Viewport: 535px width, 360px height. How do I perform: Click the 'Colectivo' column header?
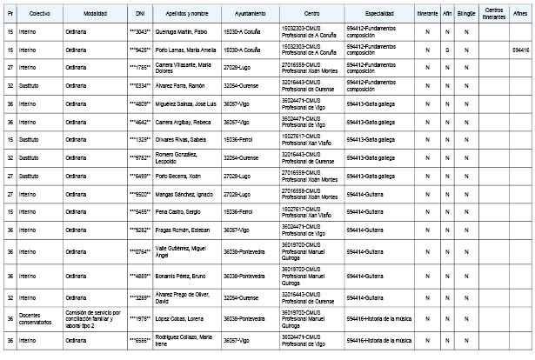[38, 16]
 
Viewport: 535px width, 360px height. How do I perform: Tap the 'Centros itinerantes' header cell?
[493, 16]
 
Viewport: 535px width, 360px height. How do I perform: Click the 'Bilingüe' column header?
[466, 16]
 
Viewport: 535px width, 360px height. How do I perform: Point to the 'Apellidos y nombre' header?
[186, 16]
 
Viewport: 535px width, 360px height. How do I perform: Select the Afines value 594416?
[520, 50]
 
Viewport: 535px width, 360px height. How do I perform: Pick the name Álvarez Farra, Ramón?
[184, 87]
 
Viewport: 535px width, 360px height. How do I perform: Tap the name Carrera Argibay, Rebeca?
[185, 123]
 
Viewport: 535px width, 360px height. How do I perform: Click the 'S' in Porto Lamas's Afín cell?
[446, 50]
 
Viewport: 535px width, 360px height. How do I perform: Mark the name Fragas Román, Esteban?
[185, 230]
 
